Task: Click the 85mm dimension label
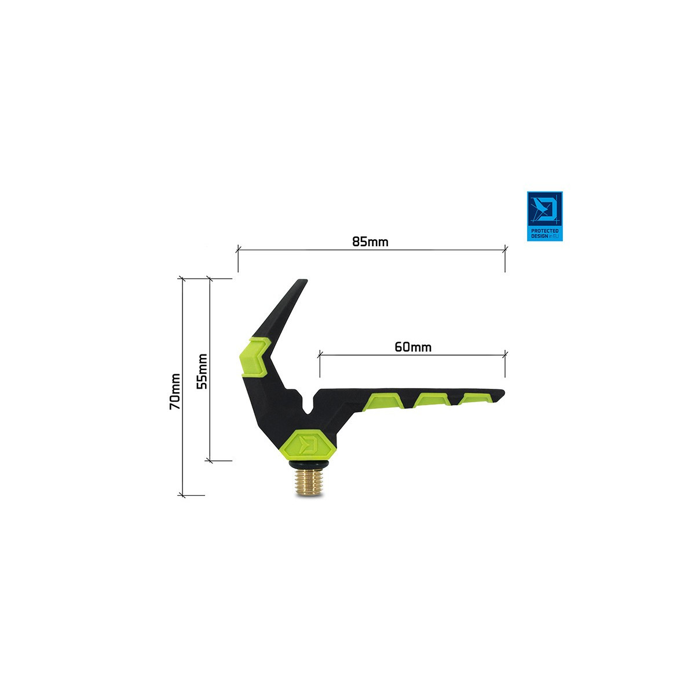coord(370,242)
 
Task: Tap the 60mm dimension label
coord(413,347)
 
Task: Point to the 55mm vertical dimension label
coord(202,371)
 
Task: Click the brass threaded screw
coord(308,483)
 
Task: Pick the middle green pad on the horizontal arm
coord(431,400)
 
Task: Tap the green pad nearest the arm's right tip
coord(475,398)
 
